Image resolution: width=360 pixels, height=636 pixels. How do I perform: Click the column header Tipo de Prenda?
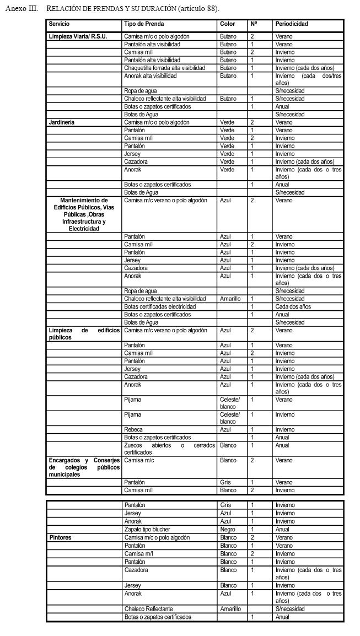pyautogui.click(x=144, y=24)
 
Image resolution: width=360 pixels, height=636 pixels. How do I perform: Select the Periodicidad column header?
pyautogui.click(x=291, y=24)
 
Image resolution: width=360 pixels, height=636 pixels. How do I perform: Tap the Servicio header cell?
pyautogui.click(x=59, y=24)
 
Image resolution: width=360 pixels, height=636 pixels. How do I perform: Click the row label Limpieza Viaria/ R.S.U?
pyautogui.click(x=78, y=36)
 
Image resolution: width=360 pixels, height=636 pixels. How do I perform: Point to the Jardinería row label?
pyautogui.click(x=61, y=122)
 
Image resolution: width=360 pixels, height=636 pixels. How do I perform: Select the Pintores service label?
pyautogui.click(x=60, y=537)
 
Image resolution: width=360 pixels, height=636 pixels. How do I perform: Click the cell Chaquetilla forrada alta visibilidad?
pyautogui.click(x=164, y=68)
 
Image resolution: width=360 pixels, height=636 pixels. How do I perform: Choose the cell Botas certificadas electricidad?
pyautogui.click(x=160, y=306)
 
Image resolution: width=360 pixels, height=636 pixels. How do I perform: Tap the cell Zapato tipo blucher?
pyautogui.click(x=147, y=530)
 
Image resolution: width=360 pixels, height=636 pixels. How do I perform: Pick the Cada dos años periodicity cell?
pyautogui.click(x=293, y=306)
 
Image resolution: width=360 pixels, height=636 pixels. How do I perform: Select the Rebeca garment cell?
pyautogui.click(x=133, y=429)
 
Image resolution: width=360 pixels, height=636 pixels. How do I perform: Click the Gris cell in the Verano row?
pyautogui.click(x=225, y=482)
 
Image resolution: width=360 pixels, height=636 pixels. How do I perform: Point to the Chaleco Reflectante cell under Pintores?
pyautogui.click(x=148, y=609)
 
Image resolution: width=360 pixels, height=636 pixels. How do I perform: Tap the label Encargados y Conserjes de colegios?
pyautogui.click(x=84, y=467)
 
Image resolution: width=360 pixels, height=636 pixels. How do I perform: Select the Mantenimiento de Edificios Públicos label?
pyautogui.click(x=84, y=214)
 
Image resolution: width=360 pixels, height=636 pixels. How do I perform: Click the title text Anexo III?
pyautogui.click(x=23, y=9)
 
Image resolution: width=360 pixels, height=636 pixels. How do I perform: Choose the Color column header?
pyautogui.click(x=227, y=24)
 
